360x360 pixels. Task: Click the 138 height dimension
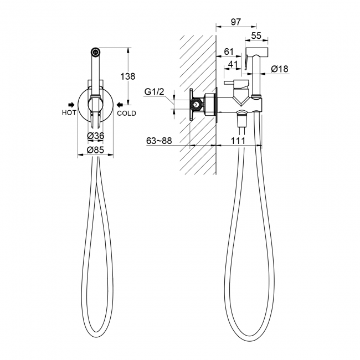[128, 76]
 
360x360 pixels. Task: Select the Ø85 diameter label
[95, 150]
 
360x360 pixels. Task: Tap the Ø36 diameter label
[95, 136]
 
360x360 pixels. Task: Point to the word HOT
[69, 113]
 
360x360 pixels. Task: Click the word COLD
[126, 113]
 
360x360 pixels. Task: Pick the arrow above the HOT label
[71, 105]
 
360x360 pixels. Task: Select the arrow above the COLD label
[120, 105]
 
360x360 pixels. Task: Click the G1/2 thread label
[155, 92]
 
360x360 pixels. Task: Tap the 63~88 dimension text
[159, 141]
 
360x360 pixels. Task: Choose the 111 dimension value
[238, 141]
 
